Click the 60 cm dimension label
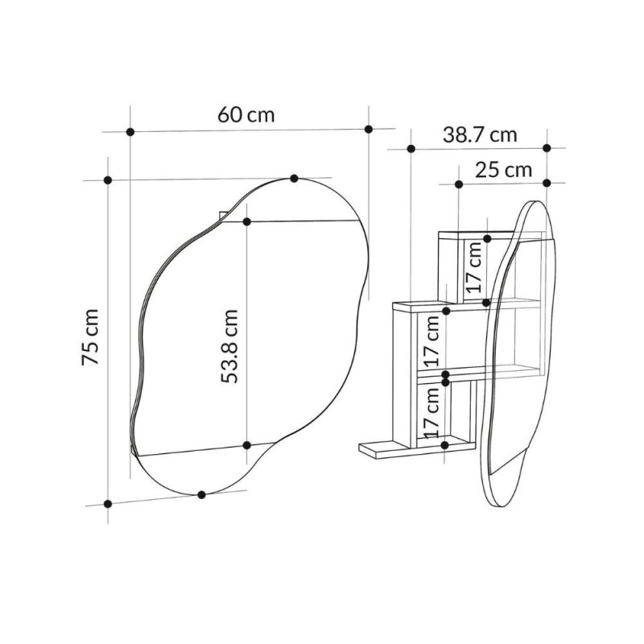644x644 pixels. [x=246, y=114]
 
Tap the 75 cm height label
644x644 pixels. [x=90, y=336]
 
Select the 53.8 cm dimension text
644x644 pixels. [x=229, y=346]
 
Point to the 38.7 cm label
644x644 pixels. [x=480, y=134]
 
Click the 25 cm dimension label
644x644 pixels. [x=504, y=170]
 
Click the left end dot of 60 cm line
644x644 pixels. [x=130, y=132]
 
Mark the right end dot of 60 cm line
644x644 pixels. [x=369, y=130]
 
